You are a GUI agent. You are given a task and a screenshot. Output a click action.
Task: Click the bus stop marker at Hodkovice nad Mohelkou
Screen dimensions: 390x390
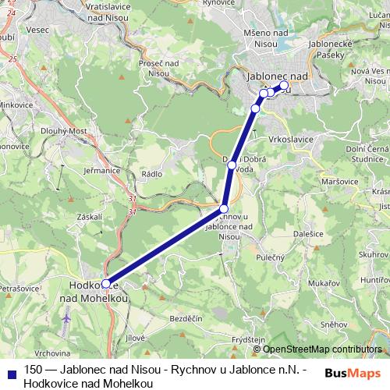point(106,284)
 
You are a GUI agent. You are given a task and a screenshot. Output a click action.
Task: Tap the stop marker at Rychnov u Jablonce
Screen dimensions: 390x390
point(224,209)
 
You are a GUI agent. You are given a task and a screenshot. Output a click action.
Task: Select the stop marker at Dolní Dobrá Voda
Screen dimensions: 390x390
point(232,163)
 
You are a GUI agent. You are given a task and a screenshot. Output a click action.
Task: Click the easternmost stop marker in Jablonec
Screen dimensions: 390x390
point(284,85)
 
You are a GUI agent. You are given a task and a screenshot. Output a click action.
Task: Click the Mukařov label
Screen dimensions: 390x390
point(323,282)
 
